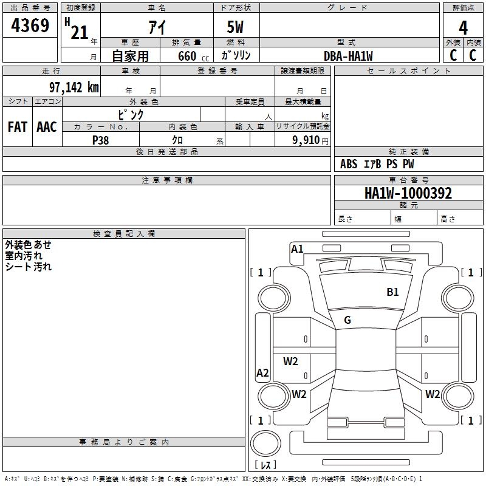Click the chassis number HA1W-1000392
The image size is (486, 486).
pyautogui.click(x=408, y=193)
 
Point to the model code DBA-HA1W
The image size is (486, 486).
pyautogui.click(x=348, y=56)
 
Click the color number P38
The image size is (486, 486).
pyautogui.click(x=101, y=140)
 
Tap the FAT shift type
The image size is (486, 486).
pyautogui.click(x=18, y=127)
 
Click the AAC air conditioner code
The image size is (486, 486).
pyautogui.click(x=46, y=127)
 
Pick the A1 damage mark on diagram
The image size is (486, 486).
pyautogui.click(x=297, y=248)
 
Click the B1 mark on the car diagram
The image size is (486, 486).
pyautogui.click(x=393, y=292)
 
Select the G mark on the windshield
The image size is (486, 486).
pyautogui.click(x=347, y=320)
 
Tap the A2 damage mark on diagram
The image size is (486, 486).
pyautogui.click(x=262, y=373)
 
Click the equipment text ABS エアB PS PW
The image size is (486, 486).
pyautogui.click(x=377, y=164)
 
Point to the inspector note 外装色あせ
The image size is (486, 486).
pyautogui.click(x=29, y=245)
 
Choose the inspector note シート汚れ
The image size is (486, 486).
pyautogui.click(x=29, y=267)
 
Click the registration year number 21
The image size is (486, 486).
pyautogui.click(x=80, y=33)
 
